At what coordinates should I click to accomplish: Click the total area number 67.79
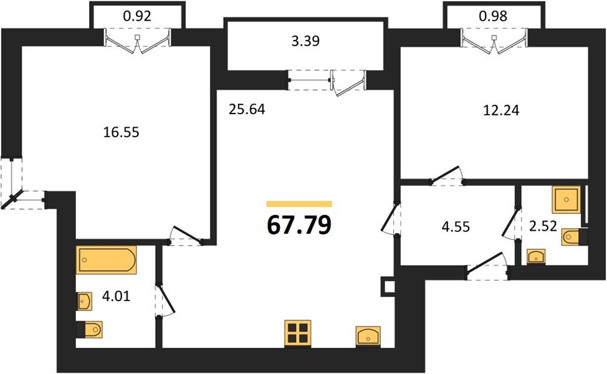tap(299, 225)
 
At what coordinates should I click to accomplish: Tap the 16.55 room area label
tap(121, 132)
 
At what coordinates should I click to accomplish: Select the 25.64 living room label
tap(247, 110)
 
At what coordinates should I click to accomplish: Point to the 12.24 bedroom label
tap(501, 110)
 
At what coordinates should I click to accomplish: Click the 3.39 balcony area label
tap(305, 41)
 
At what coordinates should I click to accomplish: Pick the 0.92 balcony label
tap(137, 16)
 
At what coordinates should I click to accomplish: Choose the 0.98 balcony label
tap(493, 16)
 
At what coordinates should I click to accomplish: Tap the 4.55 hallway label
tap(456, 226)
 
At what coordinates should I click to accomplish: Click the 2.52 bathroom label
tap(543, 226)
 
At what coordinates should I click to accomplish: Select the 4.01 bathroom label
tap(116, 297)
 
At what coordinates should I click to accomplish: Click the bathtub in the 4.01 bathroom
tap(107, 260)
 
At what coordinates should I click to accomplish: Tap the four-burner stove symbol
tap(298, 333)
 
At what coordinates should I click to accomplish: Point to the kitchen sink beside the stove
tap(368, 336)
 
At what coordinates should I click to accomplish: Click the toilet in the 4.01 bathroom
tap(89, 330)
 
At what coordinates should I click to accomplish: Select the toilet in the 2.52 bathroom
tap(575, 237)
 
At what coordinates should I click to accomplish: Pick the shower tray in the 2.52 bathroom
tap(566, 199)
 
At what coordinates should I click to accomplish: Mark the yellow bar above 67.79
tap(299, 204)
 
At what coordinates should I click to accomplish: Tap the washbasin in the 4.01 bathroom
tap(84, 301)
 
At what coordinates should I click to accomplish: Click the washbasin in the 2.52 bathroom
tap(536, 256)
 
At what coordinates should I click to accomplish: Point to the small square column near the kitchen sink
tap(388, 285)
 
